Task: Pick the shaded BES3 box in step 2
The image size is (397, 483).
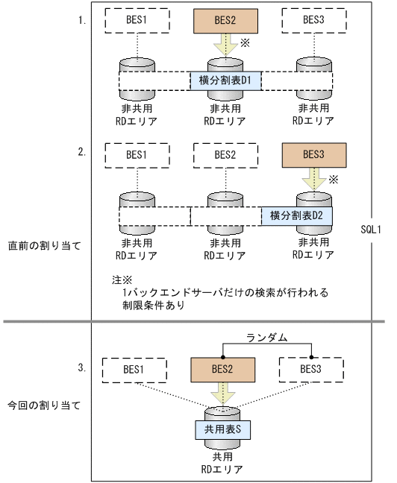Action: [x=313, y=156]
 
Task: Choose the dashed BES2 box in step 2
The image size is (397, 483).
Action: [x=225, y=156]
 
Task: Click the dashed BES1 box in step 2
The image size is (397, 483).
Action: [x=136, y=156]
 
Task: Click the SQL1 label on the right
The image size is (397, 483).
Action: [x=370, y=230]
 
